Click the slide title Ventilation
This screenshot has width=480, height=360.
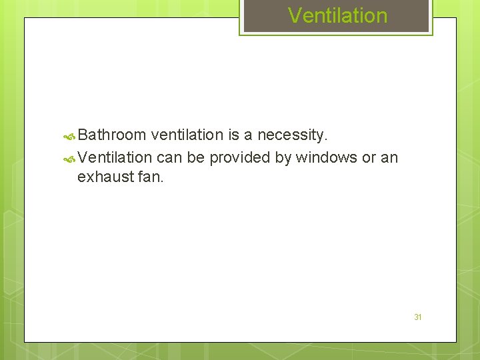point(337,15)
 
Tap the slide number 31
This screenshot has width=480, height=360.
point(418,317)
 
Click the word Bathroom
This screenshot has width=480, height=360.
point(111,135)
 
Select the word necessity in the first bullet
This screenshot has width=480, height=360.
point(292,135)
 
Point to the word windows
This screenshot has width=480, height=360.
point(326,157)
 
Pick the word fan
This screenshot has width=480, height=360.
point(149,177)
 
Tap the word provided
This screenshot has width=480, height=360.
point(239,157)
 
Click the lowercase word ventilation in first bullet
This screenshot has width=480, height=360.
point(187,135)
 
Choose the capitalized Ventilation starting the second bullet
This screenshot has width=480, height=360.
point(115,157)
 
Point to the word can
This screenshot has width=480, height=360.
point(169,157)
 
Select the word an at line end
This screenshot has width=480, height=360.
point(389,157)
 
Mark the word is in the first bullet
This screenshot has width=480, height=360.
point(233,135)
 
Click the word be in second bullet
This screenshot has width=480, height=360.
point(196,157)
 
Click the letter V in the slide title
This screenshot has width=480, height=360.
point(294,15)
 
